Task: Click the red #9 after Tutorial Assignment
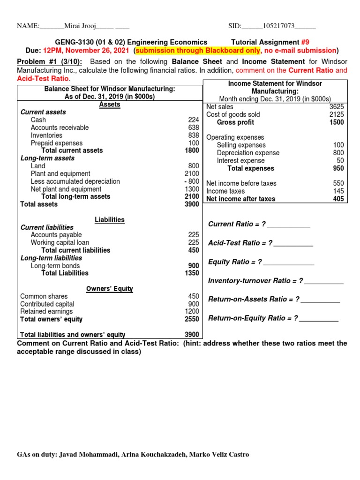pyautogui.click(x=305, y=42)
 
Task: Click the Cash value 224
pyautogui.click(x=194, y=120)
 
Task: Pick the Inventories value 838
pyautogui.click(x=194, y=135)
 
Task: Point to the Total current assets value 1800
pyautogui.click(x=192, y=150)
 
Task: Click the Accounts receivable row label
pyautogui.click(x=60, y=127)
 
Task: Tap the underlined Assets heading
pyautogui.click(x=110, y=105)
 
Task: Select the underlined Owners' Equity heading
pyautogui.click(x=110, y=289)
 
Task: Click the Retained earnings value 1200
pyautogui.click(x=192, y=311)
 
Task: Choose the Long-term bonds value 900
pyautogui.click(x=193, y=266)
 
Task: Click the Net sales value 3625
pyautogui.click(x=337, y=107)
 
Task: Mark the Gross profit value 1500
pyautogui.click(x=336, y=122)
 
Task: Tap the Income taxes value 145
pyautogui.click(x=338, y=191)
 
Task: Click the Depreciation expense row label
pyautogui.click(x=248, y=153)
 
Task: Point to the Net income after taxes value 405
pyautogui.click(x=338, y=199)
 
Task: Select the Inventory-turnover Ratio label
pyautogui.click(x=255, y=281)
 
